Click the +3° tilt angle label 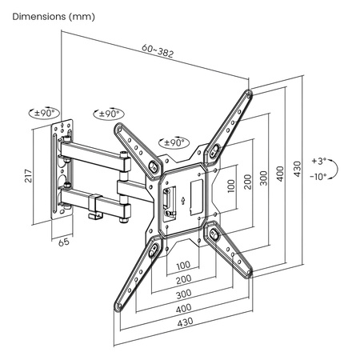pyautogui.click(x=319, y=161)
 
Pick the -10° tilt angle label pyautogui.click(x=319, y=177)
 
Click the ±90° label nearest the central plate pyautogui.click(x=172, y=142)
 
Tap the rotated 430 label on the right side pyautogui.click(x=298, y=170)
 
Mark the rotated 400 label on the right pyautogui.click(x=279, y=174)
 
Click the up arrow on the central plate pyautogui.click(x=183, y=198)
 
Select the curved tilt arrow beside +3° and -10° pyautogui.click(x=338, y=169)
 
